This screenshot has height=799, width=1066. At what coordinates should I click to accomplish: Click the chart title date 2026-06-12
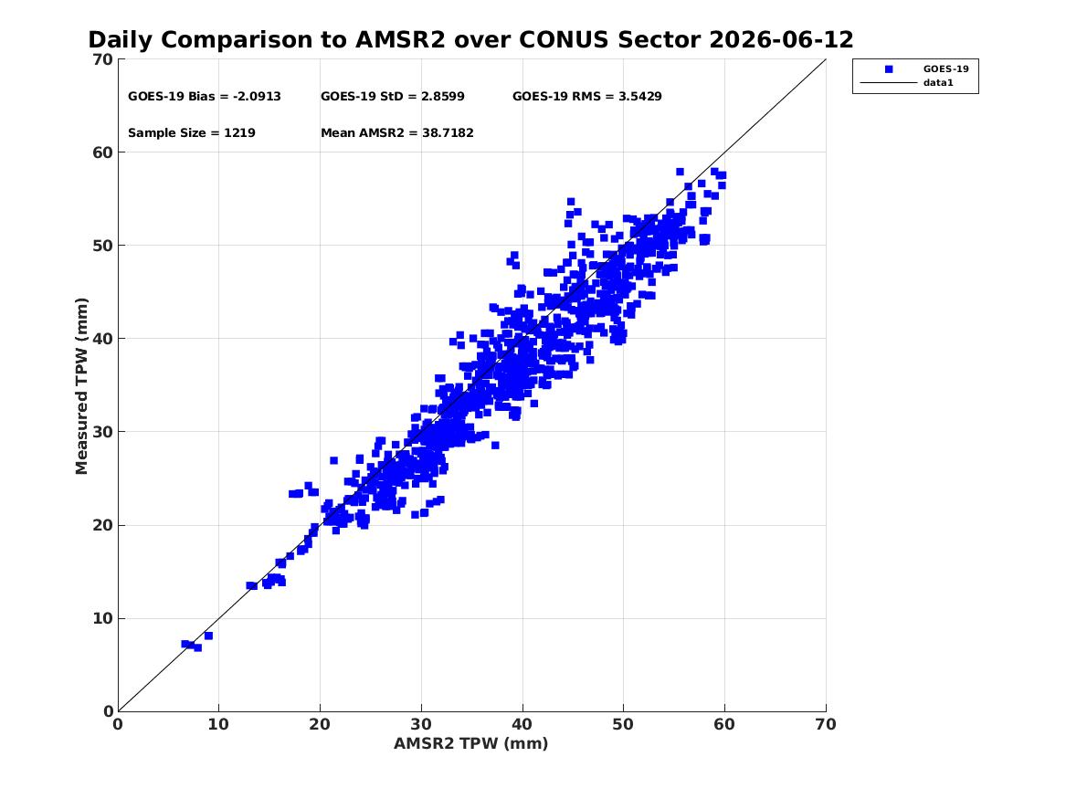(x=781, y=40)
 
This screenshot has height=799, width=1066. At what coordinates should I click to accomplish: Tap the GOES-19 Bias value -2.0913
(x=257, y=97)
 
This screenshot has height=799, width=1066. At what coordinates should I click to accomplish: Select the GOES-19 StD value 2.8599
(x=443, y=97)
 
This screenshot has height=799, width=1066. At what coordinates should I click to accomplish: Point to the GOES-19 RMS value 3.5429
(x=639, y=97)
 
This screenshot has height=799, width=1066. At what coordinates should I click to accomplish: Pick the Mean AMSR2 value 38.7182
(x=448, y=133)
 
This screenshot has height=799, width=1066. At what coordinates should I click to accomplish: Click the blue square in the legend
(x=889, y=69)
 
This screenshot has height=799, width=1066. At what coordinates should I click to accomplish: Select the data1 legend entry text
(x=938, y=83)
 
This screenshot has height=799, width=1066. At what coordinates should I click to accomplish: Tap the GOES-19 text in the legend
(x=945, y=68)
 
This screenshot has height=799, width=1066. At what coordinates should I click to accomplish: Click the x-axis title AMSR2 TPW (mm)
(x=471, y=744)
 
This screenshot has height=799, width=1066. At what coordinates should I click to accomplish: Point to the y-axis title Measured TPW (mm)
(x=81, y=386)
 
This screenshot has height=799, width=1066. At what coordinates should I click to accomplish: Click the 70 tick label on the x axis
(x=826, y=724)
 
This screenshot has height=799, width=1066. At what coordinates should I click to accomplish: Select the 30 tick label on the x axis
(x=421, y=724)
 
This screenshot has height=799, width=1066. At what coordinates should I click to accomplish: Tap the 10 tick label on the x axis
(x=219, y=724)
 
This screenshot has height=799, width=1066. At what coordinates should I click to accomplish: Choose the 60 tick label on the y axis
(x=103, y=152)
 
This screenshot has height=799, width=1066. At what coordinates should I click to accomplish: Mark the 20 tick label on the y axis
(x=103, y=525)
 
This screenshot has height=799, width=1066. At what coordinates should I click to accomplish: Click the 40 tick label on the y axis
(x=103, y=339)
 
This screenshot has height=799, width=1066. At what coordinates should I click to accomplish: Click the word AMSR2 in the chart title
(x=400, y=40)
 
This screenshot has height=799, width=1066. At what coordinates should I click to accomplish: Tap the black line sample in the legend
(x=889, y=83)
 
